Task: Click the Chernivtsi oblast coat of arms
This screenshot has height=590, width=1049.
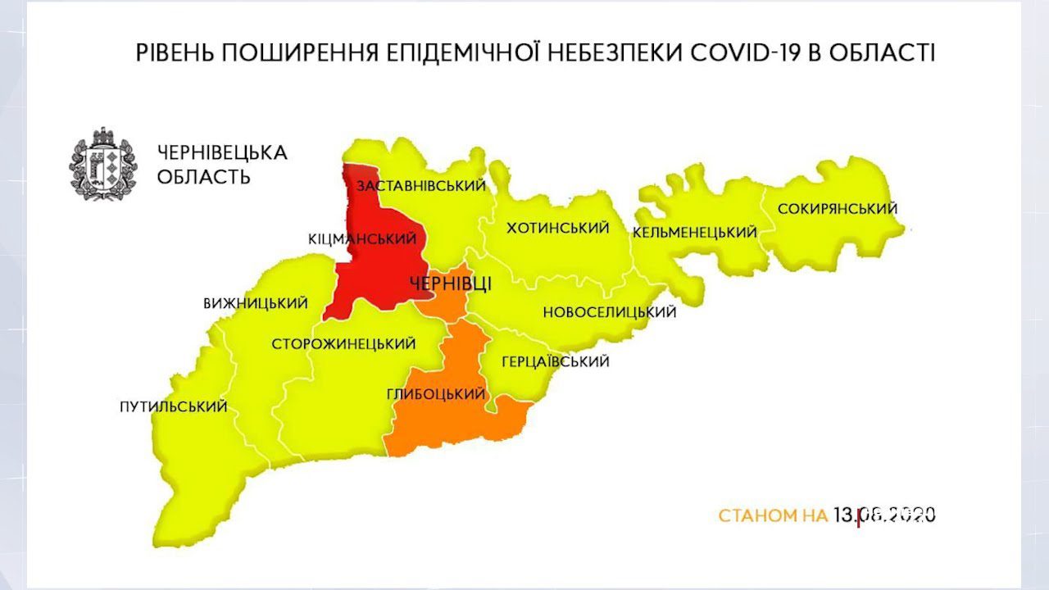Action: coord(102,164)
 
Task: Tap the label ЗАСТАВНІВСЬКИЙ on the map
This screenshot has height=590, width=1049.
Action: coord(420,186)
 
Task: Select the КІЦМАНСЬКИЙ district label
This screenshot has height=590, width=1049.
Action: coord(362,238)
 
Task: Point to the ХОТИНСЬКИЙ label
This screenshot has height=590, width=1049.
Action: coord(558,228)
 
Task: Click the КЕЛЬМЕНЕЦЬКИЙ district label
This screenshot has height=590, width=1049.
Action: coord(694,233)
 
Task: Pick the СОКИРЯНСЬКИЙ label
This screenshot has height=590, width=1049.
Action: coord(837,209)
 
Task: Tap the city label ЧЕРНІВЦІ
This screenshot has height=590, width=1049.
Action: coord(450,284)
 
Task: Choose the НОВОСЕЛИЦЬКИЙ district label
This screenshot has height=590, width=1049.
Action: coord(609,312)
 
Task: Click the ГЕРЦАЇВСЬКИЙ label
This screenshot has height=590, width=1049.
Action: coord(555,361)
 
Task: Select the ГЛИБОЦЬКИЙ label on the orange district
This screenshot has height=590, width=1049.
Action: coord(436,394)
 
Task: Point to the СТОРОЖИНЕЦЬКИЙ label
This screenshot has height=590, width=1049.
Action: coord(343,344)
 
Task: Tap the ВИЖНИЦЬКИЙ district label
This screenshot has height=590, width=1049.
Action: coord(256,304)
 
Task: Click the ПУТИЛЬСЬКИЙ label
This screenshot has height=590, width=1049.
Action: coord(173,407)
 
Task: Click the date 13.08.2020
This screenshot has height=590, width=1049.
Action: coord(884,515)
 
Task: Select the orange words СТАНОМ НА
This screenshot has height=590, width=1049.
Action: coord(773,516)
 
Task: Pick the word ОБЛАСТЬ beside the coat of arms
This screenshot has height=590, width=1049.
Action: coord(203,177)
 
